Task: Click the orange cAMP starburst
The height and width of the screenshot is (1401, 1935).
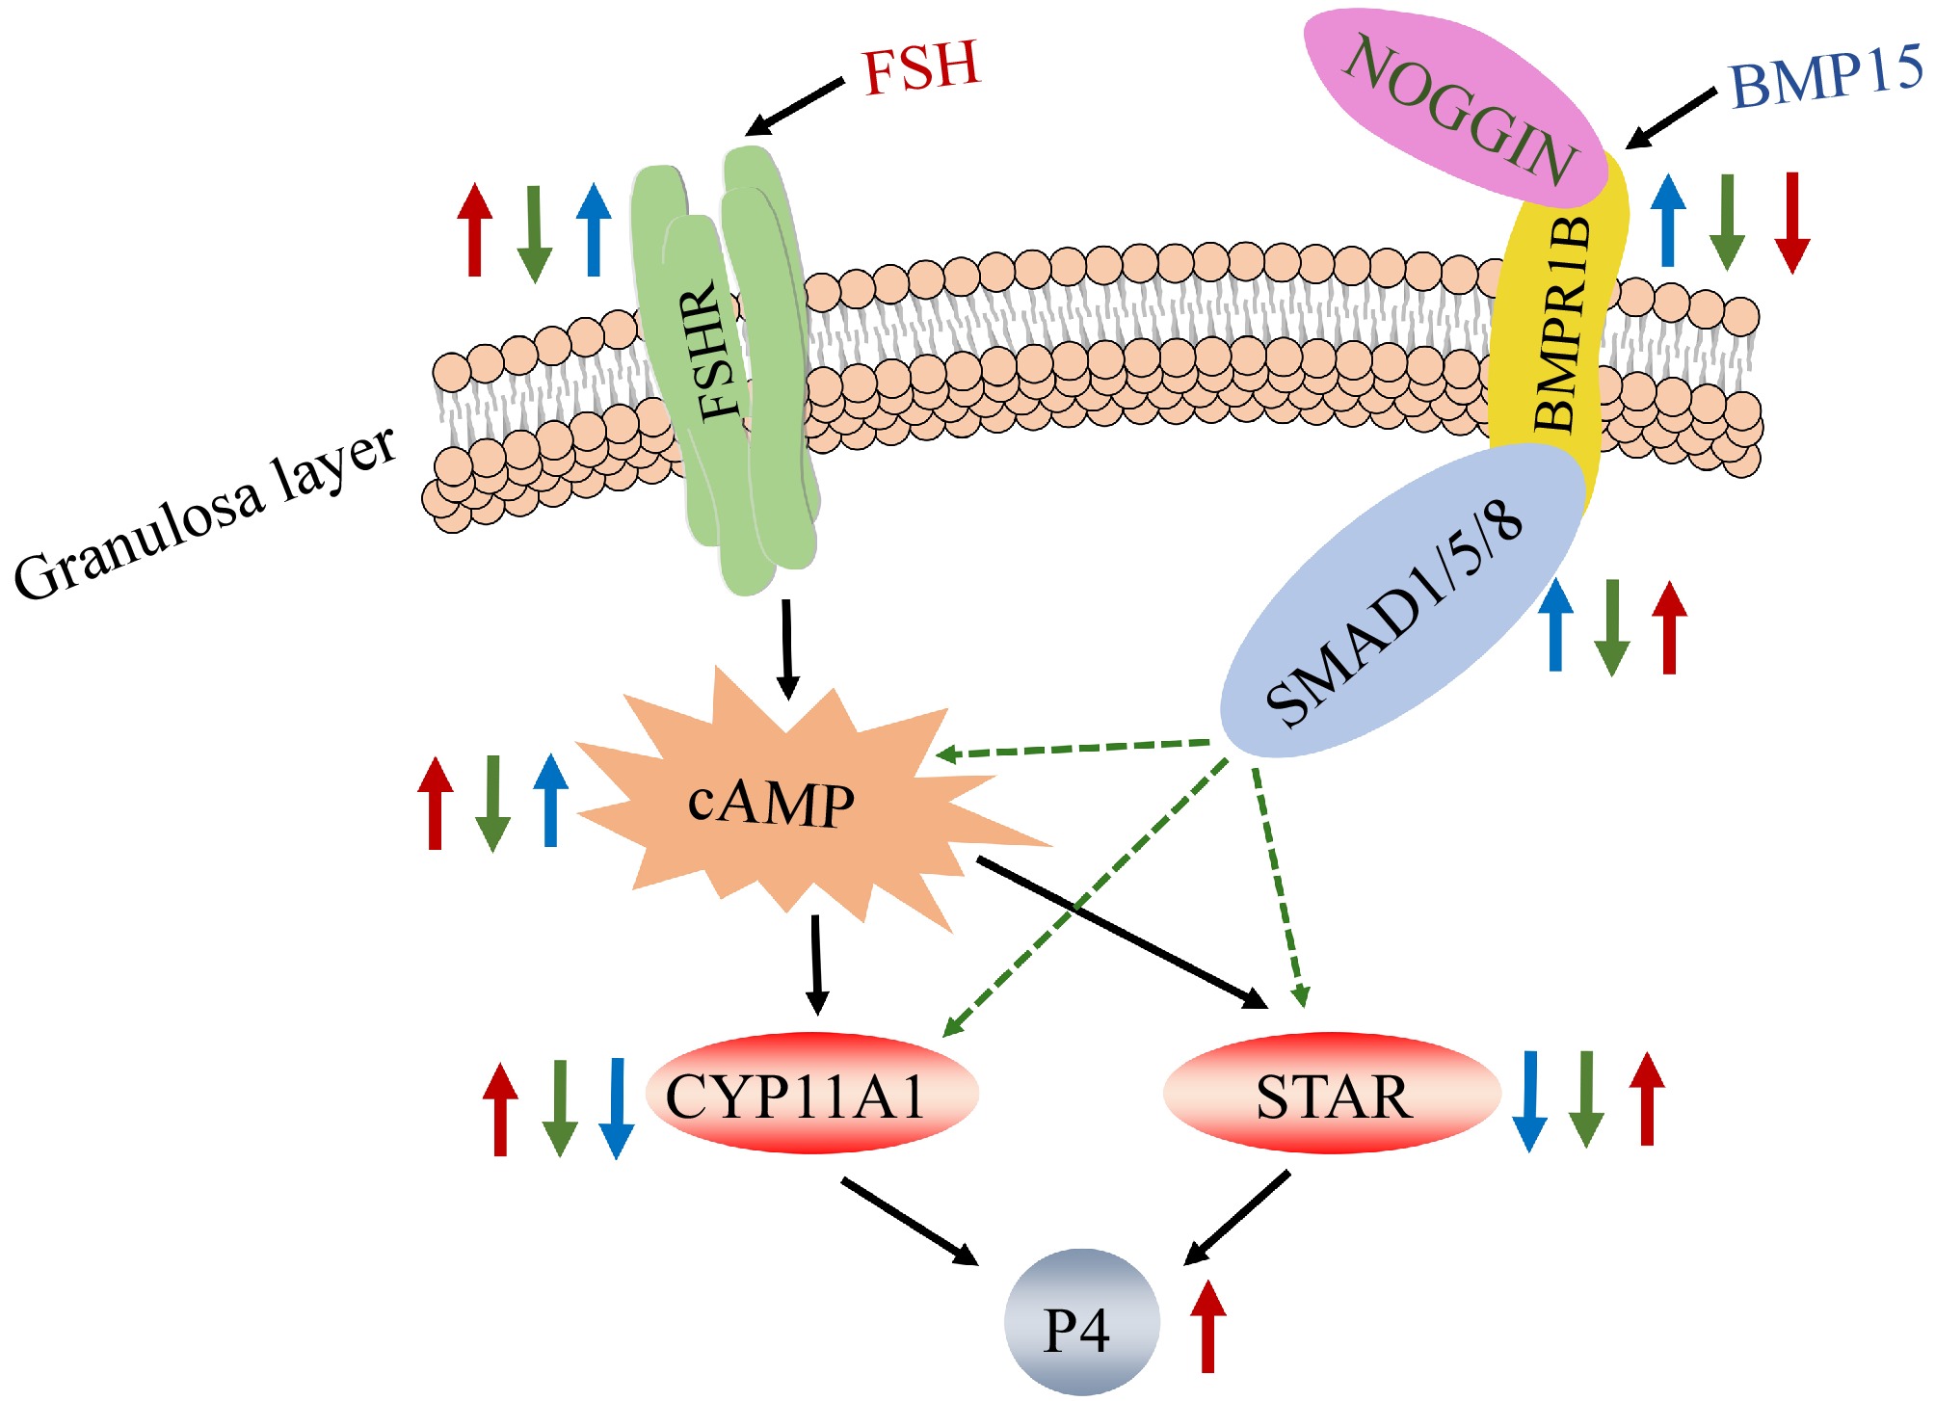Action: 771,805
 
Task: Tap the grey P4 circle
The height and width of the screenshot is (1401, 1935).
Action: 1080,1323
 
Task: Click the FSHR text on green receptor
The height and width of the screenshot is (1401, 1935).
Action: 718,352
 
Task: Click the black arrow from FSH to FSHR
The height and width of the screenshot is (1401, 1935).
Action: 795,108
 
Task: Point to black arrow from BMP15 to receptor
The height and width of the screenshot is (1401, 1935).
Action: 1672,119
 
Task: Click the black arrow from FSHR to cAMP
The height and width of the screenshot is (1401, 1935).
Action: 787,648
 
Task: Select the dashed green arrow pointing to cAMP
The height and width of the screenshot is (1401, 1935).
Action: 1070,749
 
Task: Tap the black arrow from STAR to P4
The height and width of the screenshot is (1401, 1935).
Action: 1236,1219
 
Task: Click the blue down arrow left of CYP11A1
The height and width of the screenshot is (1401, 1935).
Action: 616,1108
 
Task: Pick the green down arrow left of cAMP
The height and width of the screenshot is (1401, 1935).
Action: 492,803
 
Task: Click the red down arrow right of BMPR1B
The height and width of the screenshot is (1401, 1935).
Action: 1791,222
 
